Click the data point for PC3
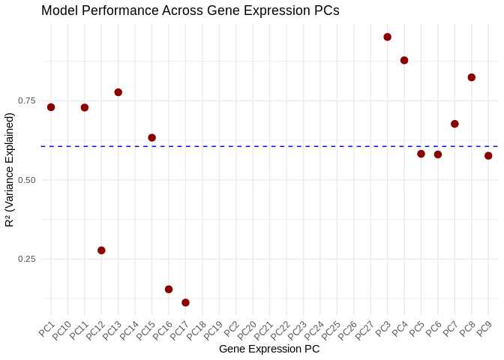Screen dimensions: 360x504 point(388,37)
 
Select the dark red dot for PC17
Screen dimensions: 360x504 point(185,303)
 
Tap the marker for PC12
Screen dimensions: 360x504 point(101,250)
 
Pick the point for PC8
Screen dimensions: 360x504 point(472,77)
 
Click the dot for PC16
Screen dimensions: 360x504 point(169,289)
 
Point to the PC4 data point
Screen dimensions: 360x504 point(404,60)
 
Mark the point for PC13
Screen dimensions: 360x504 point(118,92)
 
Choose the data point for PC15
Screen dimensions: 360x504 point(152,138)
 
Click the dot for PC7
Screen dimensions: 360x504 point(454,124)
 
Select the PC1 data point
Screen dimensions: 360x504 point(51,107)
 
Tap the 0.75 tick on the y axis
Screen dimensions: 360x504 point(26,101)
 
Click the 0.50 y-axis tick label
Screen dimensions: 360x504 point(26,180)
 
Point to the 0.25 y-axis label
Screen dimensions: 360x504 point(26,259)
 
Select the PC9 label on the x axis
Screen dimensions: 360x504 point(484,328)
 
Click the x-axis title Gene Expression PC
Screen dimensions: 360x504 point(269,349)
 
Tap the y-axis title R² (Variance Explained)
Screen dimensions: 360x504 point(10,169)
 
